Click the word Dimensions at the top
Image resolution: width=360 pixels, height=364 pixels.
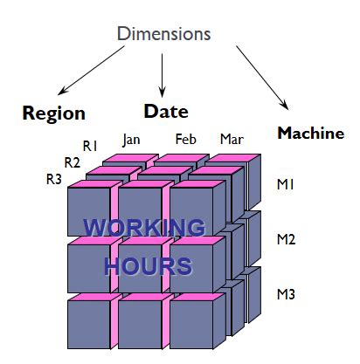(164, 35)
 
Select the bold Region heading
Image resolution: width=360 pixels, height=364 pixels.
(53, 113)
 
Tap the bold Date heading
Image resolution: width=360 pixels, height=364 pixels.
(166, 111)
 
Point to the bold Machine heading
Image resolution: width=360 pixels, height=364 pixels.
(310, 133)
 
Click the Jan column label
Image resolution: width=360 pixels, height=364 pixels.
(132, 138)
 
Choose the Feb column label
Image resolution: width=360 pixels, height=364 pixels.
(185, 138)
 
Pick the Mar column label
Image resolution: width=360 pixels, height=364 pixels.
(232, 139)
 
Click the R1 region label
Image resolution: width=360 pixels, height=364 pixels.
(90, 145)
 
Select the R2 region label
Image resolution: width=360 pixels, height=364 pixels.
(73, 161)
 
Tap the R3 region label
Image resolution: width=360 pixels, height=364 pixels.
(54, 179)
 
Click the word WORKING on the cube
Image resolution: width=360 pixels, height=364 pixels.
(144, 229)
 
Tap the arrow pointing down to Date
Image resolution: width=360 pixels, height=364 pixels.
(163, 74)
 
